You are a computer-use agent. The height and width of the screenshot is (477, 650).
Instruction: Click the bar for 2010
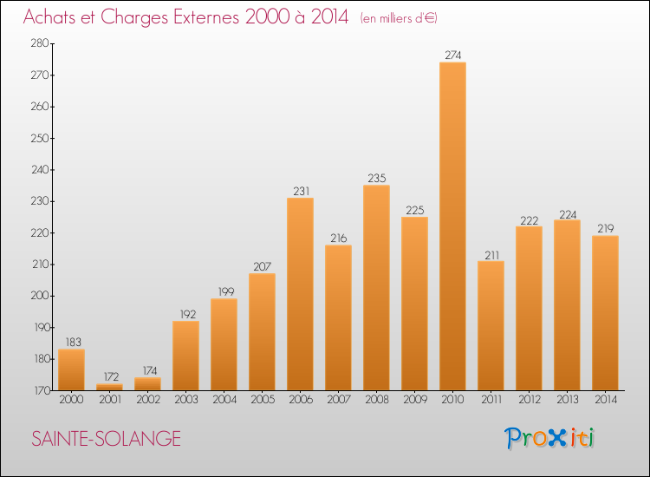tap(452, 226)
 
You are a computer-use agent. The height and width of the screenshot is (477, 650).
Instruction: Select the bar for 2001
tap(109, 387)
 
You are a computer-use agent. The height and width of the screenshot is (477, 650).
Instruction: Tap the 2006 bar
tap(300, 294)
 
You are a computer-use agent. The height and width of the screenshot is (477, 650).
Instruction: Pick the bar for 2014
tap(605, 313)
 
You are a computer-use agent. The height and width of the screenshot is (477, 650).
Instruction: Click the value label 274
tap(452, 56)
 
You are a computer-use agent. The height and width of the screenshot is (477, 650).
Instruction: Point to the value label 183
tap(74, 343)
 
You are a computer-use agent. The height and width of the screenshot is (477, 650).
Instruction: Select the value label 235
tap(376, 179)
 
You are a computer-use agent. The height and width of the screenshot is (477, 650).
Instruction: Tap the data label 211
tap(491, 256)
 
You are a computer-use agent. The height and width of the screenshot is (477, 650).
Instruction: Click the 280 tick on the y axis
tap(40, 43)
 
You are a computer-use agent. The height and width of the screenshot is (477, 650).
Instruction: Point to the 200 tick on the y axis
tap(40, 296)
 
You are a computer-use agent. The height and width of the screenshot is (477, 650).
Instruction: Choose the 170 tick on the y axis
tap(41, 390)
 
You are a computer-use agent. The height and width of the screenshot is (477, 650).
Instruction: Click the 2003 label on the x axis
tap(186, 400)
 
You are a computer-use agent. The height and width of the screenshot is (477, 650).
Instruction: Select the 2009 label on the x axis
tap(415, 400)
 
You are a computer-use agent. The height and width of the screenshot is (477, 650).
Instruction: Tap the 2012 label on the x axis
tap(530, 400)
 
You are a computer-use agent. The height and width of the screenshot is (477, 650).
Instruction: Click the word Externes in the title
tap(206, 17)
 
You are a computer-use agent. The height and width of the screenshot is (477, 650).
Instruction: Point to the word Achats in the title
tap(49, 17)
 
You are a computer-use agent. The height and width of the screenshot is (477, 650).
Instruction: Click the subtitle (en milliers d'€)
tap(399, 19)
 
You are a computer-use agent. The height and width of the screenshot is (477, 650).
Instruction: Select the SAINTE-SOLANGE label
tap(106, 439)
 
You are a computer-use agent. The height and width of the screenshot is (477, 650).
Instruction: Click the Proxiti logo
tap(549, 438)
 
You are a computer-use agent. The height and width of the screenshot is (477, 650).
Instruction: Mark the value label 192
tap(188, 315)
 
